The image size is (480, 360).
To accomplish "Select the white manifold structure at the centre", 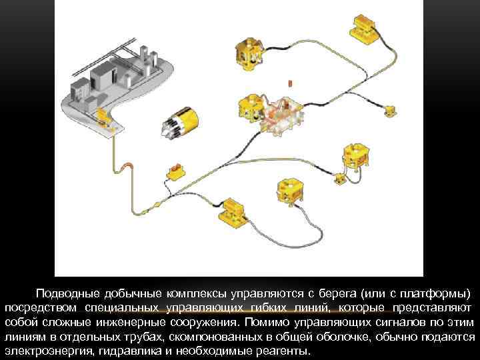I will click(281, 113).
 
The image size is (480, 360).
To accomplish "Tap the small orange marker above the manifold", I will click(289, 84).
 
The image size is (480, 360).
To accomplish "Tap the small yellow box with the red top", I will click(176, 172).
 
